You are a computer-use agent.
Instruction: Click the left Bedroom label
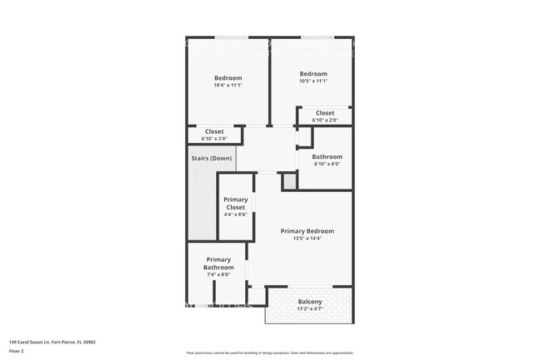[x=228, y=78]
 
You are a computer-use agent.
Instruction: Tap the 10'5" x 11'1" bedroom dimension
[x=313, y=81]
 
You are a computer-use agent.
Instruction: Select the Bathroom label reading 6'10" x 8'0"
[x=326, y=156]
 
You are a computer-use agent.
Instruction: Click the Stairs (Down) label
[x=210, y=158]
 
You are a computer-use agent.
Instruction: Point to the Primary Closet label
[x=236, y=203]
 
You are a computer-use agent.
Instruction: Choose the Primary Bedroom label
[x=307, y=231]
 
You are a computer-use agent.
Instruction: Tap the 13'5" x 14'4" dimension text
[x=307, y=239]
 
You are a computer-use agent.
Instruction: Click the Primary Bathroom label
[x=219, y=264]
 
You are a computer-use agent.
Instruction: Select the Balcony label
[x=310, y=301]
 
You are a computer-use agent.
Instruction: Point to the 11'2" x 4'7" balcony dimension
[x=310, y=308]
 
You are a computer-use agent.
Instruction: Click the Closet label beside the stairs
[x=214, y=131]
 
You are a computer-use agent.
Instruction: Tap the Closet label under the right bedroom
[x=325, y=113]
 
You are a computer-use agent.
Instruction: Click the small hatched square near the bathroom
[x=289, y=180]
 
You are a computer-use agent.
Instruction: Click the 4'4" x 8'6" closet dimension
[x=236, y=215]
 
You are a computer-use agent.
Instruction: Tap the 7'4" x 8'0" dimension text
[x=219, y=275]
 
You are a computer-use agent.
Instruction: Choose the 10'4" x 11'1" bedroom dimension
[x=228, y=86]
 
